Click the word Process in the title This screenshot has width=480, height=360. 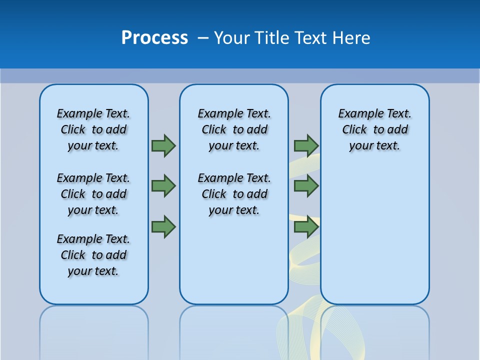154,38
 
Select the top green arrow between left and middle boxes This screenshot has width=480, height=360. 163,145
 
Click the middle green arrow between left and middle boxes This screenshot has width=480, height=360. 163,186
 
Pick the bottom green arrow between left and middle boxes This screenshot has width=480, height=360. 163,227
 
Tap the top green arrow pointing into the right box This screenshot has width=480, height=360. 306,145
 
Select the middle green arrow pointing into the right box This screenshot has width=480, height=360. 306,186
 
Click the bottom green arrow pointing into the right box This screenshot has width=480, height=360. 306,227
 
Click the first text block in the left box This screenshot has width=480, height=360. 93,129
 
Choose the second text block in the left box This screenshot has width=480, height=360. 93,194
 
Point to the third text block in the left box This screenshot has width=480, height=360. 93,255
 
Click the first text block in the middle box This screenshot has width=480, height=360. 234,129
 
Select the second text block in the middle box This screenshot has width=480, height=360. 234,194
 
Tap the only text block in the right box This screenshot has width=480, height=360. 374,129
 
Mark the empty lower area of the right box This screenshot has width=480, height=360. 374,235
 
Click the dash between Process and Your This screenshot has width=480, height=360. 203,38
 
